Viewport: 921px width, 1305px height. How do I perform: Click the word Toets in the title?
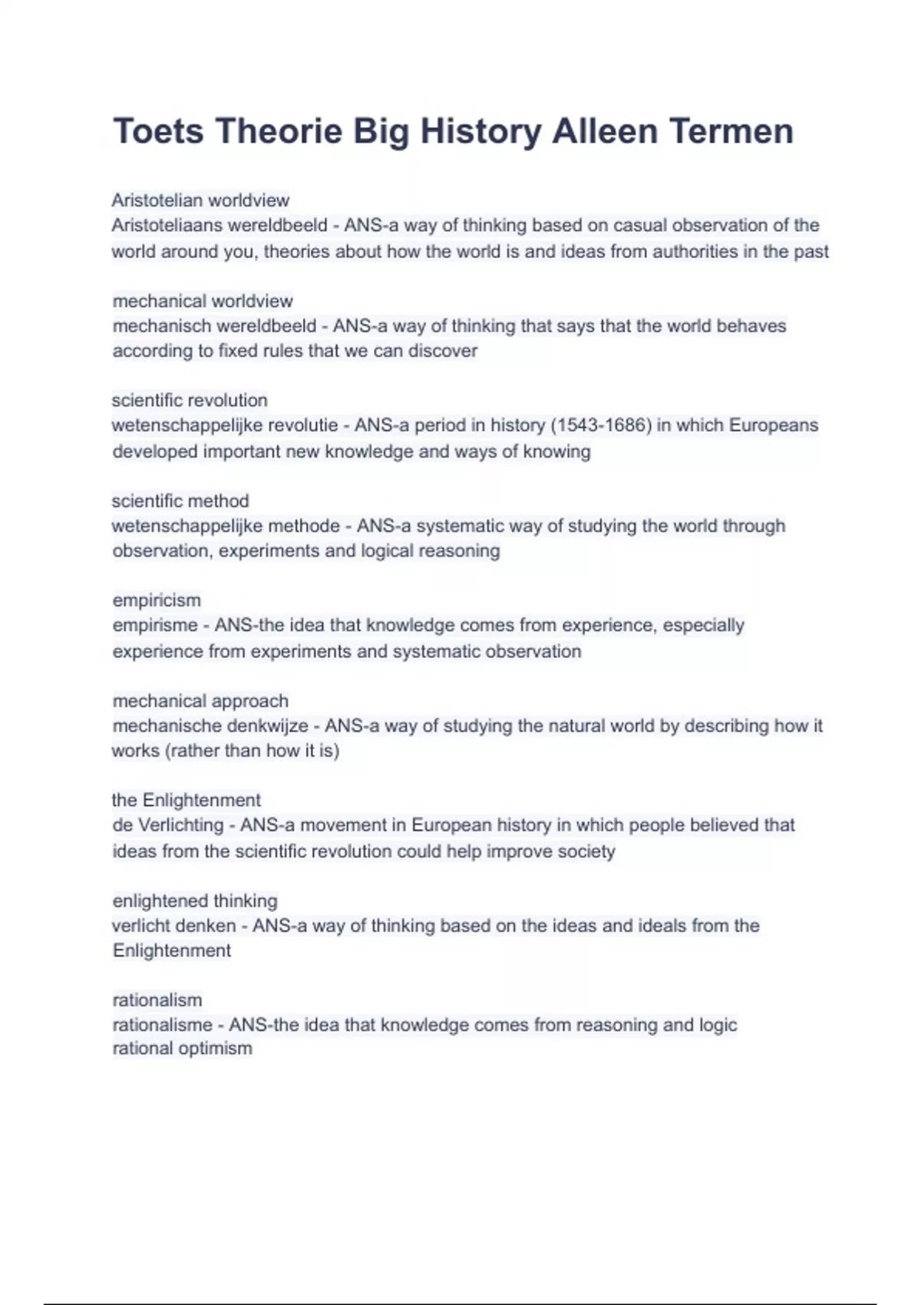158,131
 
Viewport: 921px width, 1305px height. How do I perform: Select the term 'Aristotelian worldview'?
200,200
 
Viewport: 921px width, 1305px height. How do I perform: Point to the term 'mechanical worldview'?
203,301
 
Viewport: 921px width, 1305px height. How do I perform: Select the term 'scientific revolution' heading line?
190,400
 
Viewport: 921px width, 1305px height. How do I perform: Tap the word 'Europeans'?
773,425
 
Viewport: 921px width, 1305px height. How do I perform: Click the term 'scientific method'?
180,501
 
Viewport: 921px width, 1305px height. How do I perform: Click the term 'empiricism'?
157,600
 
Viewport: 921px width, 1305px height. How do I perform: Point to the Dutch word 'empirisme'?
155,626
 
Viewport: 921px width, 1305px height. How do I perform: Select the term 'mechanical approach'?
200,701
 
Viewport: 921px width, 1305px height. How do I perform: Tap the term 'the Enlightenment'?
187,800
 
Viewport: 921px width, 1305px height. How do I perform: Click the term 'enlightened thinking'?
195,900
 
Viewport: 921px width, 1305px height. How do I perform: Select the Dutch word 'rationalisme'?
162,1025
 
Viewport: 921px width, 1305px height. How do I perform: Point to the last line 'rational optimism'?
182,1049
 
